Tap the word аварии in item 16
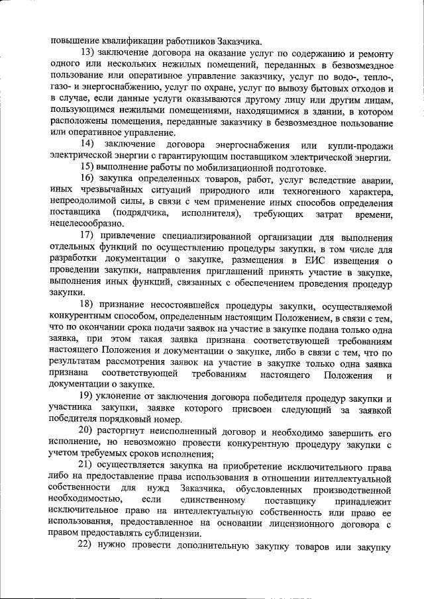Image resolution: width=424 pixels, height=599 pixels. pos(380,179)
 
